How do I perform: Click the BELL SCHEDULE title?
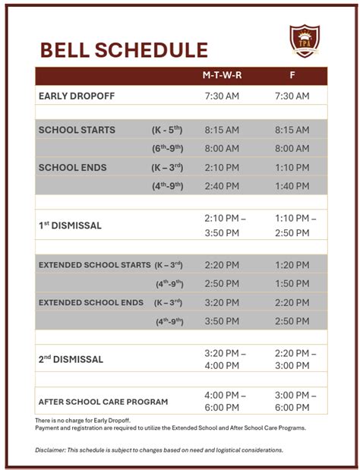coord(123,50)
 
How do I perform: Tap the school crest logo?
coord(305,41)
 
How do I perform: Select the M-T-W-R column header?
coord(222,76)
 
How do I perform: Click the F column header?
coord(292,76)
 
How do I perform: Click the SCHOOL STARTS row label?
coord(77,130)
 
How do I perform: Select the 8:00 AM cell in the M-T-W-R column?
coord(222,149)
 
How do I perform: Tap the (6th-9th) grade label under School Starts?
coord(168,149)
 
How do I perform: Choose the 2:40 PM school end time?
coord(222,186)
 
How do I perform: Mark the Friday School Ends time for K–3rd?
coord(292,167)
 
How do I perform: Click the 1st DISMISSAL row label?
coord(69,226)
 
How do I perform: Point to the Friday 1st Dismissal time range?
coord(292,226)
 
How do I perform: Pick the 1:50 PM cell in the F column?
coord(292,283)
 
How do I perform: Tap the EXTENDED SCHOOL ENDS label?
coord(91,302)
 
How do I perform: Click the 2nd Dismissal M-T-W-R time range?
coord(225,359)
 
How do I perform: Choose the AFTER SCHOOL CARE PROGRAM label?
coord(103,402)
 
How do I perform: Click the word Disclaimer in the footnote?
coord(49,449)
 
